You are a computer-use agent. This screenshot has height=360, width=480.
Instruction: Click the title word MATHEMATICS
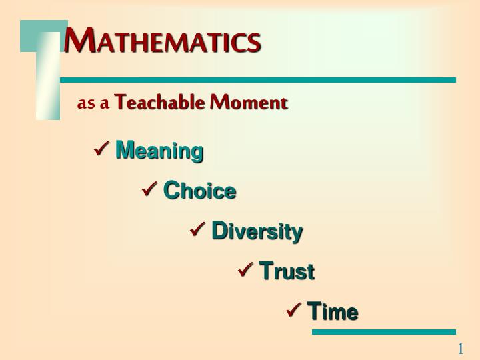(162, 41)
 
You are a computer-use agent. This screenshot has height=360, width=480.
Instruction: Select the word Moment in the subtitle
(249, 103)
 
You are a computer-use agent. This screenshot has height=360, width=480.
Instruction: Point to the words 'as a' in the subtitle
(93, 103)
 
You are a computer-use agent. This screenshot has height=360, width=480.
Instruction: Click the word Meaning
(159, 151)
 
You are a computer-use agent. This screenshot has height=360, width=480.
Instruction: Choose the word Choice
(199, 191)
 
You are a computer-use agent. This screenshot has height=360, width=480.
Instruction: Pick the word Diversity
(257, 231)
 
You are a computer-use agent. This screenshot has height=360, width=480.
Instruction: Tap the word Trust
(287, 271)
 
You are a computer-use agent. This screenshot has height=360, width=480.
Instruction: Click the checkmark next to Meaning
(102, 149)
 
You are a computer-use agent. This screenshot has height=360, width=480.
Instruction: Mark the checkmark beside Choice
(150, 190)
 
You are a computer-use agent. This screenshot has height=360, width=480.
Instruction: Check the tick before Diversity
(198, 230)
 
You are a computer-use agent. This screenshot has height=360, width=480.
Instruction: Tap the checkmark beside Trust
(246, 270)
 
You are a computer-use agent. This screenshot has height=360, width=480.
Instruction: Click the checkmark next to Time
(294, 310)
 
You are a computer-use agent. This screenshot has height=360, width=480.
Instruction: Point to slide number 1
(460, 349)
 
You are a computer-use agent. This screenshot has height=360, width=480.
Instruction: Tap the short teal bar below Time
(383, 331)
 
